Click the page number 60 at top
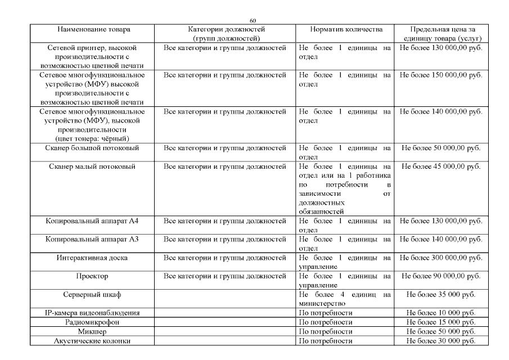(255, 21)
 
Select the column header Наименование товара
(92, 28)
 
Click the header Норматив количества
(346, 28)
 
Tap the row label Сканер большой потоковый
(92, 148)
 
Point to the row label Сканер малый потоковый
(92, 166)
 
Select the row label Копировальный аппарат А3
(92, 240)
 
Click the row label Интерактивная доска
(92, 258)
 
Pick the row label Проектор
(92, 276)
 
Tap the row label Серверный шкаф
(92, 295)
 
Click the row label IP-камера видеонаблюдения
(92, 313)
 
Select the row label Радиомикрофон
(92, 322)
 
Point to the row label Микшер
(92, 332)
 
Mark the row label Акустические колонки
(92, 341)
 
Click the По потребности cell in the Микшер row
(326, 332)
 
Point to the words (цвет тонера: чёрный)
(92, 138)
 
